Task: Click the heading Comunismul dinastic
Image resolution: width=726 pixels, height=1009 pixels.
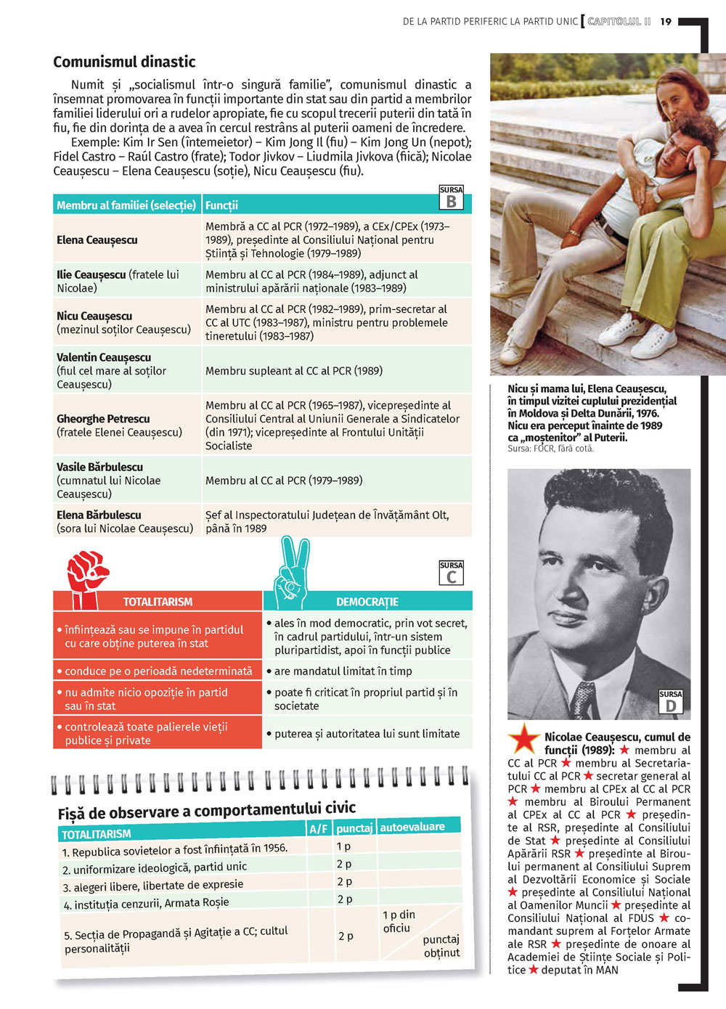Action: click(x=124, y=62)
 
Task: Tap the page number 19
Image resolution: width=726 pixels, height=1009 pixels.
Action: click(x=666, y=22)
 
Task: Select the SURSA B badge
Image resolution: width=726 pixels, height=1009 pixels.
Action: click(x=451, y=197)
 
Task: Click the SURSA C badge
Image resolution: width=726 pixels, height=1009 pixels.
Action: click(x=451, y=573)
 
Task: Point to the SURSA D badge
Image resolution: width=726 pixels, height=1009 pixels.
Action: click(x=671, y=702)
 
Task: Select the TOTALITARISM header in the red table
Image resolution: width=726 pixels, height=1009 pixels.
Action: click(x=158, y=602)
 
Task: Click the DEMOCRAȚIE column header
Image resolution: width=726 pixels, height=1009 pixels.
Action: click(x=367, y=602)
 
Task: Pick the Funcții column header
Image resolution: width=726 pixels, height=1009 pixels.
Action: click(x=221, y=205)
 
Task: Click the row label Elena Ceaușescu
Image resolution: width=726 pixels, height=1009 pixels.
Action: click(x=97, y=240)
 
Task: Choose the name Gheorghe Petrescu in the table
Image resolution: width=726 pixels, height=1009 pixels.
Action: click(x=103, y=419)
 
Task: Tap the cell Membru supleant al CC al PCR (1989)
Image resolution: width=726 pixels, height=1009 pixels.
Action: click(x=293, y=371)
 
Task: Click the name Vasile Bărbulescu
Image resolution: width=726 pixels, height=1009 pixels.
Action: click(x=99, y=467)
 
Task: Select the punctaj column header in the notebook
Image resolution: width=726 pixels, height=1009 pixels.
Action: click(x=354, y=828)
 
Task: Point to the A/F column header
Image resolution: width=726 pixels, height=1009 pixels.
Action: click(x=318, y=829)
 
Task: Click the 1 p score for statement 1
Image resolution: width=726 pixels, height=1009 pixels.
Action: click(x=343, y=846)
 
